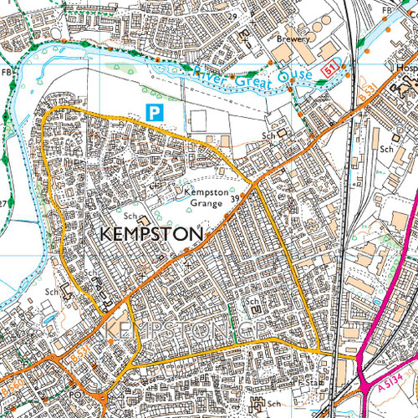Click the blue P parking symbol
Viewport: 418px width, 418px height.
point(153,111)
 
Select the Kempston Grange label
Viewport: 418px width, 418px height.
point(200,197)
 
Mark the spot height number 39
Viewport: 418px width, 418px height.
point(237,197)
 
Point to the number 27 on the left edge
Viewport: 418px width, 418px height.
point(4,203)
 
